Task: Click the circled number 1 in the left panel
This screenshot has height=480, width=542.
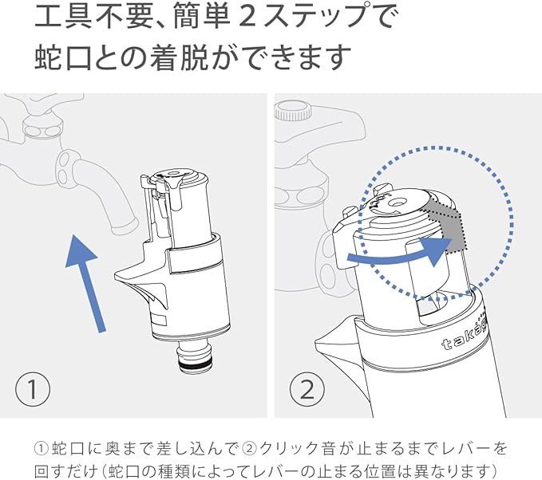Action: (33, 391)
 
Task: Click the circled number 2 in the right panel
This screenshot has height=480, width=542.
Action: (307, 391)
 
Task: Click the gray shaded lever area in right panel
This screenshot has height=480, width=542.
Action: (446, 227)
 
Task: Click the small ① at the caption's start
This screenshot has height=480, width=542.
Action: (42, 448)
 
